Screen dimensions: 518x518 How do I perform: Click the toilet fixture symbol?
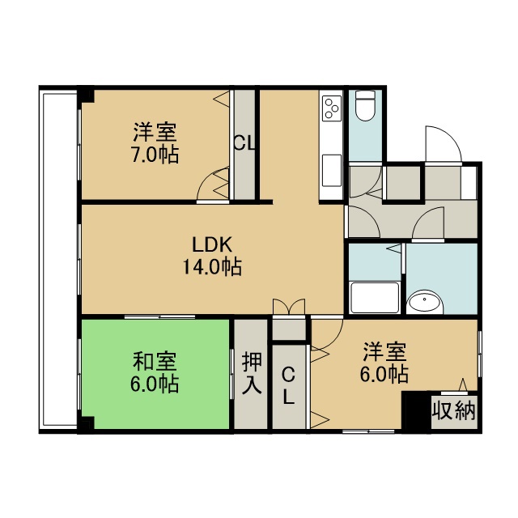click(x=366, y=105)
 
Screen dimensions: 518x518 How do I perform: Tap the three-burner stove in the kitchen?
click(x=332, y=108)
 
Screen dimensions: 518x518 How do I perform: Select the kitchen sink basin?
click(x=332, y=171)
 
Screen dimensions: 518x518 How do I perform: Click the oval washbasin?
click(x=424, y=301)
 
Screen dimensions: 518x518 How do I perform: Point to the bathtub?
click(x=375, y=297)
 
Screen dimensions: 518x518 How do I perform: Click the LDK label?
click(x=212, y=244)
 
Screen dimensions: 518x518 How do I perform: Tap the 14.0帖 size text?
click(x=212, y=266)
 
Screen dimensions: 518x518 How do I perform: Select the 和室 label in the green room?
click(x=155, y=361)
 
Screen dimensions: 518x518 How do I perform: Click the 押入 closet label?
click(x=252, y=373)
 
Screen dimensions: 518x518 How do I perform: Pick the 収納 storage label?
click(x=454, y=411)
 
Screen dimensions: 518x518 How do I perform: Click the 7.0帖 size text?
click(x=155, y=155)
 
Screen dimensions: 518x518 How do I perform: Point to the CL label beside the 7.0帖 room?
click(x=244, y=143)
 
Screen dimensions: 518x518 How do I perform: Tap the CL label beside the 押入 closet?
click(x=288, y=387)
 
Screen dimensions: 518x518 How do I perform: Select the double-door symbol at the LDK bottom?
click(x=289, y=307)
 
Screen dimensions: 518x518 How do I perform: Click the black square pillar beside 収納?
click(x=416, y=410)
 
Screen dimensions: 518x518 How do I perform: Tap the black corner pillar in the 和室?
click(x=87, y=423)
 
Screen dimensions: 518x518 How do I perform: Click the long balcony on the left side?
click(x=58, y=260)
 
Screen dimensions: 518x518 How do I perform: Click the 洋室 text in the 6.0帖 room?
click(x=384, y=352)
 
